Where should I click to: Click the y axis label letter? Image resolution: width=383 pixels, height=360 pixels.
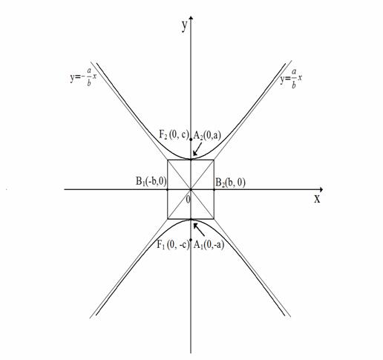coord(184,26)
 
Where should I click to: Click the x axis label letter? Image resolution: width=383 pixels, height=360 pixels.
coord(317,199)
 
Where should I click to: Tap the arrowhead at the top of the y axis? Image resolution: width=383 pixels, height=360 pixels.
coord(191,18)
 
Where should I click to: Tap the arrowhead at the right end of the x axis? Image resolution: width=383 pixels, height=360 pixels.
coord(321,189)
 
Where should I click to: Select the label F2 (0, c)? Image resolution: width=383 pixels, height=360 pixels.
coord(174,134)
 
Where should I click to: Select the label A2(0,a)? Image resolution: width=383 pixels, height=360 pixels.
coord(207,135)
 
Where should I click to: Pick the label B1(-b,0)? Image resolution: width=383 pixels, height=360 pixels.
coord(151,181)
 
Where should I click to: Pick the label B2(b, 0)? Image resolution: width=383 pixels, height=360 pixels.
coord(231,183)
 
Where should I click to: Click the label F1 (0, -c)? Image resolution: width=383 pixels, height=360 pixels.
coord(173,245)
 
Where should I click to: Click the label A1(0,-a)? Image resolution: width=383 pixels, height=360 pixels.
coord(209,245)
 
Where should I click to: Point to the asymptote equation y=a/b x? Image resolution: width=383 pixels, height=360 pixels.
coord(291,79)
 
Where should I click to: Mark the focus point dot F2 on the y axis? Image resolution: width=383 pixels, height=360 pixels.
coord(191,140)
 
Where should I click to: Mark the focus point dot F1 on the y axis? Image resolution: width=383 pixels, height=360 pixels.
coord(191,240)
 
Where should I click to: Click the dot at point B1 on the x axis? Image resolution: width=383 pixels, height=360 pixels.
coord(168,189)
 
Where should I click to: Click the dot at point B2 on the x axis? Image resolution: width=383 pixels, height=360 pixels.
coord(214,189)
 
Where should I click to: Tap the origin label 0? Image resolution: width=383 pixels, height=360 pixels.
coord(188,199)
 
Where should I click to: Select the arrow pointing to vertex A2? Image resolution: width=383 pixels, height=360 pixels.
coord(197,149)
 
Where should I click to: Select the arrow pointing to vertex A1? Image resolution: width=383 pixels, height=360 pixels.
coord(199,229)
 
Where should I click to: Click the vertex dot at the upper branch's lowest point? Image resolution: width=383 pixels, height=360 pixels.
coord(191,159)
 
